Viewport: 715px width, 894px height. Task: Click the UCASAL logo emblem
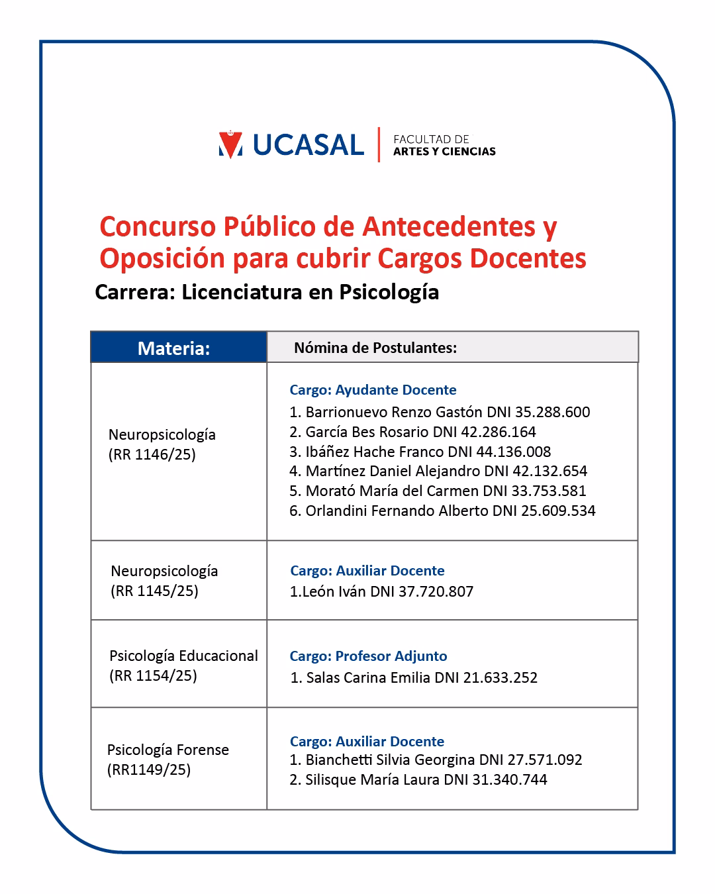pos(230,144)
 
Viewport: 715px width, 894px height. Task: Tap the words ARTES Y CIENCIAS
pos(444,152)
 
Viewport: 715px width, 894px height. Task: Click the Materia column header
pos(173,348)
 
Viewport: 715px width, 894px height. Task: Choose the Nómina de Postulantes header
pos(375,348)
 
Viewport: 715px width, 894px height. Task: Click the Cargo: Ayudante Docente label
pos(373,390)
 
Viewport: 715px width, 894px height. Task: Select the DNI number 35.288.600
pos(552,412)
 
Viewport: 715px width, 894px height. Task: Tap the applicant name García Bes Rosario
pos(367,432)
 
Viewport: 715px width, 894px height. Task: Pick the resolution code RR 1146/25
pos(152,455)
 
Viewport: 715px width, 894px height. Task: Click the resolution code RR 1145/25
pos(154,591)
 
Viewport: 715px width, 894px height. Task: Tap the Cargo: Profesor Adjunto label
pos(368,656)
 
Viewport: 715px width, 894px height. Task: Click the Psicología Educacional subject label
pos(183,656)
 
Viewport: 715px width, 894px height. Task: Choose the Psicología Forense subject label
pos(168,750)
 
